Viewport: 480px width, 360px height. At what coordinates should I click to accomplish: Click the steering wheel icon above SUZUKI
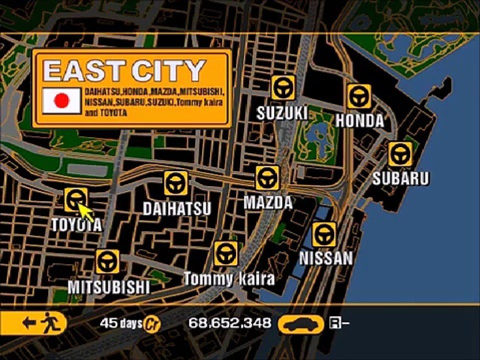(283, 88)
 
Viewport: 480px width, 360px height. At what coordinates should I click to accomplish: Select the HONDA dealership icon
(359, 96)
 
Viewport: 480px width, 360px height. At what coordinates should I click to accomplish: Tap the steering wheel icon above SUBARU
(400, 154)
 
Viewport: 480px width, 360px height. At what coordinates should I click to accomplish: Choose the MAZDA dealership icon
(267, 178)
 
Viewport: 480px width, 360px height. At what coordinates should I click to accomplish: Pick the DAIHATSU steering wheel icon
(176, 183)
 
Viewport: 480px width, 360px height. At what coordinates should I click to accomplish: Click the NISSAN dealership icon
(324, 234)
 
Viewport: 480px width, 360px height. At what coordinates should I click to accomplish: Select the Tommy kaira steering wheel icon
(226, 253)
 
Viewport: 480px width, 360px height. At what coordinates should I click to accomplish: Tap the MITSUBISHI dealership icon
(107, 261)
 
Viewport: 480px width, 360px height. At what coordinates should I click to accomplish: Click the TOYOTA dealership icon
(76, 199)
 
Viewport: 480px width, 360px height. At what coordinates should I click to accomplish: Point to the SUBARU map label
(400, 178)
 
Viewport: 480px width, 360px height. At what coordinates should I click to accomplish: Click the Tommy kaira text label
(229, 279)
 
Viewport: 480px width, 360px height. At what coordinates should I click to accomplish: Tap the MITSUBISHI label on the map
(109, 287)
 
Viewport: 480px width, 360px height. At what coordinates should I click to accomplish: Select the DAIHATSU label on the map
(177, 208)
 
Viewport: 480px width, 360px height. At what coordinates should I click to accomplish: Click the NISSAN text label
(326, 258)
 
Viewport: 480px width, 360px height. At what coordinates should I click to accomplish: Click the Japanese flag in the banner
(61, 100)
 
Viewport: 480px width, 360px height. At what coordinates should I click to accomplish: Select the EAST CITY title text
(124, 70)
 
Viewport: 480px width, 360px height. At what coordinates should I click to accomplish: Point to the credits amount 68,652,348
(229, 323)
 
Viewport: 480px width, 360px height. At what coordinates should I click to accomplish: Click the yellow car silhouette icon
(301, 323)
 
